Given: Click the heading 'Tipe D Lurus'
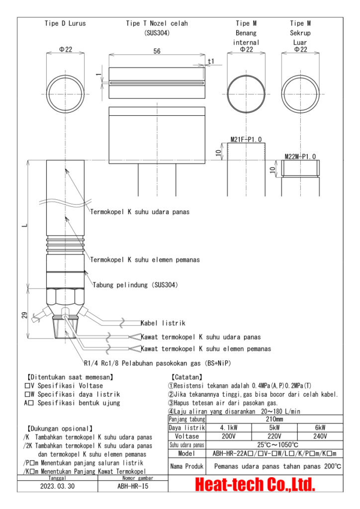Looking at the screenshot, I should coord(65,23).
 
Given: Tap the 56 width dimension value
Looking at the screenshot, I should coord(157,52).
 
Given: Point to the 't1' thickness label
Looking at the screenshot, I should coord(211,61).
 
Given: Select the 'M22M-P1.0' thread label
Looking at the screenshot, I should coord(300,156).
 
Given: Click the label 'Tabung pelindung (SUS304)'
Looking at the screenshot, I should coord(135,285).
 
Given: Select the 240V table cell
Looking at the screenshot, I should coord(321,436).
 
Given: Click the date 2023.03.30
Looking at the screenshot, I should coord(58,486).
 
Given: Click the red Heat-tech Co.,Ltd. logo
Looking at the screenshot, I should coord(256,483).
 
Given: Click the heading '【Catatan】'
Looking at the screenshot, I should coord(186,377).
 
